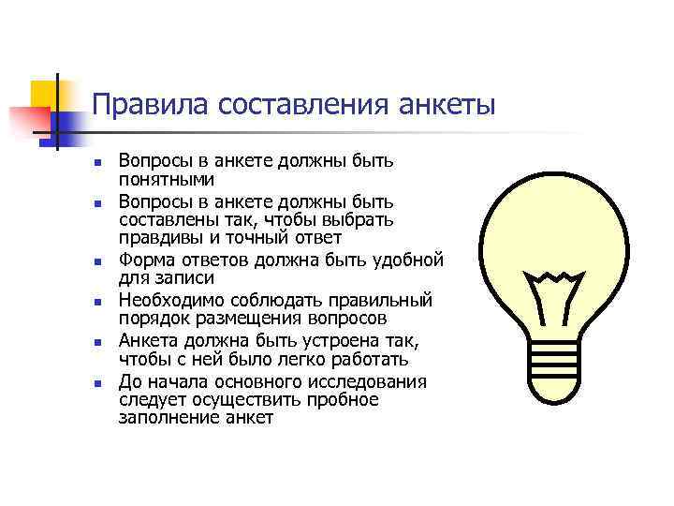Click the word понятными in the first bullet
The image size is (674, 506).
click(x=167, y=179)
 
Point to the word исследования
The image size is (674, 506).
click(x=362, y=382)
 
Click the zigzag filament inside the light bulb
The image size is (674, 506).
click(x=556, y=277)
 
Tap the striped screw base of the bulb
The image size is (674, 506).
click(x=557, y=353)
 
